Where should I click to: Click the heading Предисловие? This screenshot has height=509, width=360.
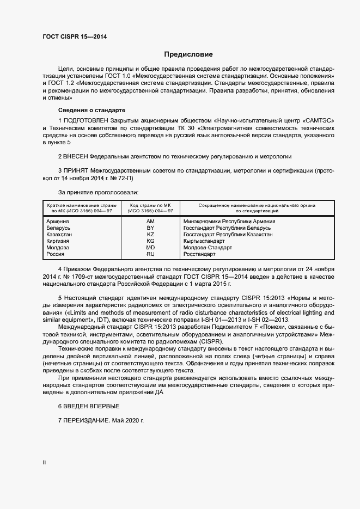188,54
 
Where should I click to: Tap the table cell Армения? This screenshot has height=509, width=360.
58,222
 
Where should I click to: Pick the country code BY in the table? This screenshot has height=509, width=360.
150,228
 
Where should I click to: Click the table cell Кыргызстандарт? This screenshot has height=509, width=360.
204,241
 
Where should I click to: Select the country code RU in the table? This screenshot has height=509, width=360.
150,254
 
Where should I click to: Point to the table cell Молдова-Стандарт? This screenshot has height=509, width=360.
208,247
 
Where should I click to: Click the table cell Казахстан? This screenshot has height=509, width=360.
59,235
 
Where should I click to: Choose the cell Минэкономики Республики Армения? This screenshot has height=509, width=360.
229,222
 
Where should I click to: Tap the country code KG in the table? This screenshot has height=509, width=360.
150,241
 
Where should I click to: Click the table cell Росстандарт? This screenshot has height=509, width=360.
200,254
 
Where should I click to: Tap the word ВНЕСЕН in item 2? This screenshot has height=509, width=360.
76,156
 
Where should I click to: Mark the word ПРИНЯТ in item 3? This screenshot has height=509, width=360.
76,170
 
